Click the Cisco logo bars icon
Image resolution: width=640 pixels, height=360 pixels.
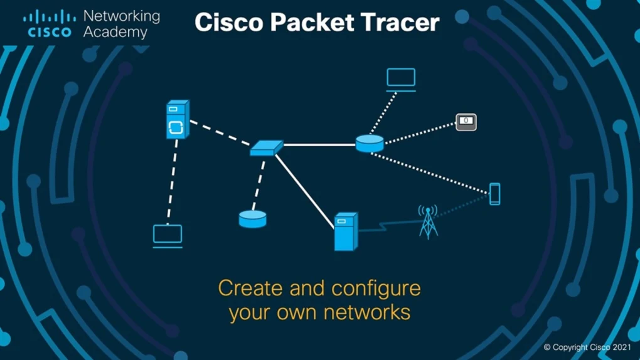tap(49, 17)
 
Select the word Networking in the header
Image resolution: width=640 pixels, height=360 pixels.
tap(121, 16)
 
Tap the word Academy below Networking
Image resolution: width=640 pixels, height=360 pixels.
tap(115, 31)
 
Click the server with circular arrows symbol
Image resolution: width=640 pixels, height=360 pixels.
tap(176, 120)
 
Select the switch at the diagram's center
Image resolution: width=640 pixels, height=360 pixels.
tap(266, 148)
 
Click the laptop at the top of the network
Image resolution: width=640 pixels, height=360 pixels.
tap(401, 80)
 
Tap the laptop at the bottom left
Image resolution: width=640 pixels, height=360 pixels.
tap(168, 236)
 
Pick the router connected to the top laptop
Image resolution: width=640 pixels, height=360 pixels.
tap(370, 144)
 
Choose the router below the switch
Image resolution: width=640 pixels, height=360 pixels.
tap(253, 219)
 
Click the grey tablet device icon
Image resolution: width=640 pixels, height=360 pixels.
tap(466, 122)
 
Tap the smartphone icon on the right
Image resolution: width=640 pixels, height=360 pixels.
tap(494, 194)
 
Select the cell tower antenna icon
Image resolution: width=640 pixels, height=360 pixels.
tap(428, 222)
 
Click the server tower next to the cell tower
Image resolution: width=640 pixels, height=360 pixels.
tap(345, 231)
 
